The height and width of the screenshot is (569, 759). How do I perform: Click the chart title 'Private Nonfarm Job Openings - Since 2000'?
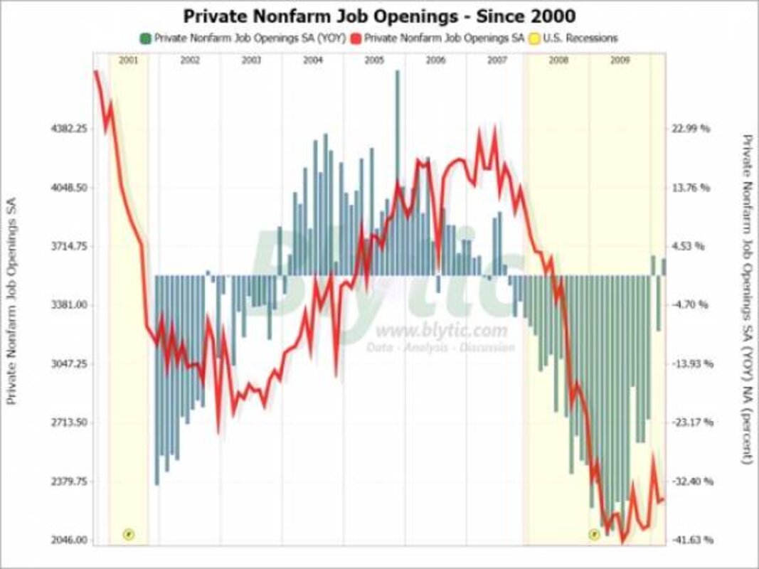click(x=378, y=16)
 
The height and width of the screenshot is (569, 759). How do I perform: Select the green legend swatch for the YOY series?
click(x=146, y=38)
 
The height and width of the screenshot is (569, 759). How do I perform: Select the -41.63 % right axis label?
click(x=691, y=540)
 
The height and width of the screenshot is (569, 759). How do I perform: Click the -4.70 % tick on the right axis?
click(x=691, y=304)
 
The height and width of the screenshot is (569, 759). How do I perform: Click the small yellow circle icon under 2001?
click(x=129, y=533)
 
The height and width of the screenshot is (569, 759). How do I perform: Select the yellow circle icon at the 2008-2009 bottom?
click(x=594, y=533)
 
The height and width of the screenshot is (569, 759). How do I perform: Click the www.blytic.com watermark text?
click(x=441, y=331)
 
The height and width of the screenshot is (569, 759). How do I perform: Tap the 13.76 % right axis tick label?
click(x=691, y=188)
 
